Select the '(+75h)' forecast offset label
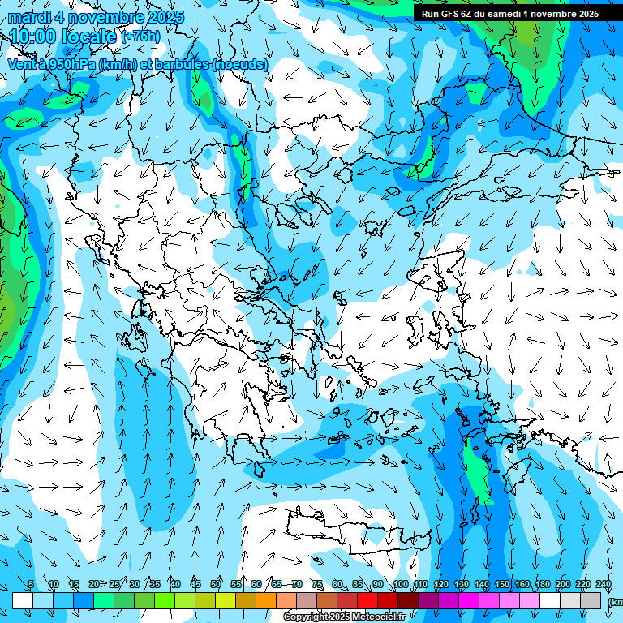[x=140, y=37]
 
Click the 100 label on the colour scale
[x=400, y=585]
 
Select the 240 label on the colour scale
[x=603, y=585]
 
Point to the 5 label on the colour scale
[x=31, y=585]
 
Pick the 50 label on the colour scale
[x=216, y=585]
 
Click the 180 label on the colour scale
[x=542, y=585]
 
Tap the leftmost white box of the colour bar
[x=23, y=600]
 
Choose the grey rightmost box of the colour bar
[x=592, y=600]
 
